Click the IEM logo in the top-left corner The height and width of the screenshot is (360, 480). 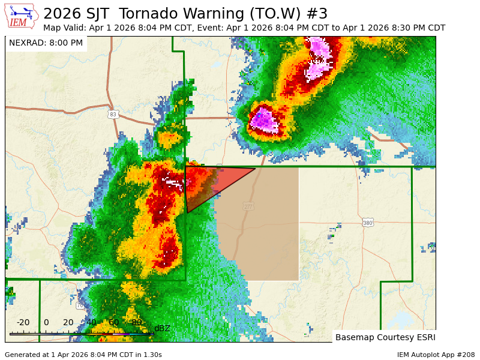(22, 16)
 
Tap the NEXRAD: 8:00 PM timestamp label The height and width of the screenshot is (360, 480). (46, 43)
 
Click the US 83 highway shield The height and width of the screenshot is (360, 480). (113, 114)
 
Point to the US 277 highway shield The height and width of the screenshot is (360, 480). (248, 206)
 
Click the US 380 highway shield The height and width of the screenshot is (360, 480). (368, 223)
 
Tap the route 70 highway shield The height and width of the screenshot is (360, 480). (80, 305)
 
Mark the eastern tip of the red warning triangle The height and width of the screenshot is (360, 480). (255, 169)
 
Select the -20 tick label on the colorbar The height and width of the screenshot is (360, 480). (23, 322)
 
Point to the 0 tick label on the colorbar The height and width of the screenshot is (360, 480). (46, 322)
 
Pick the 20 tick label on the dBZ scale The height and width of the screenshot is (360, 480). (68, 322)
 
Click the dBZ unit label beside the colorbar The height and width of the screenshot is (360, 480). (163, 328)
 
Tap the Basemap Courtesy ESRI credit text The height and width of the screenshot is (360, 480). (385, 337)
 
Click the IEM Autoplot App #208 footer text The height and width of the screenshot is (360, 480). (436, 355)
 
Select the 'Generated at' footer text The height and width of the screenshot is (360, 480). (83, 355)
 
